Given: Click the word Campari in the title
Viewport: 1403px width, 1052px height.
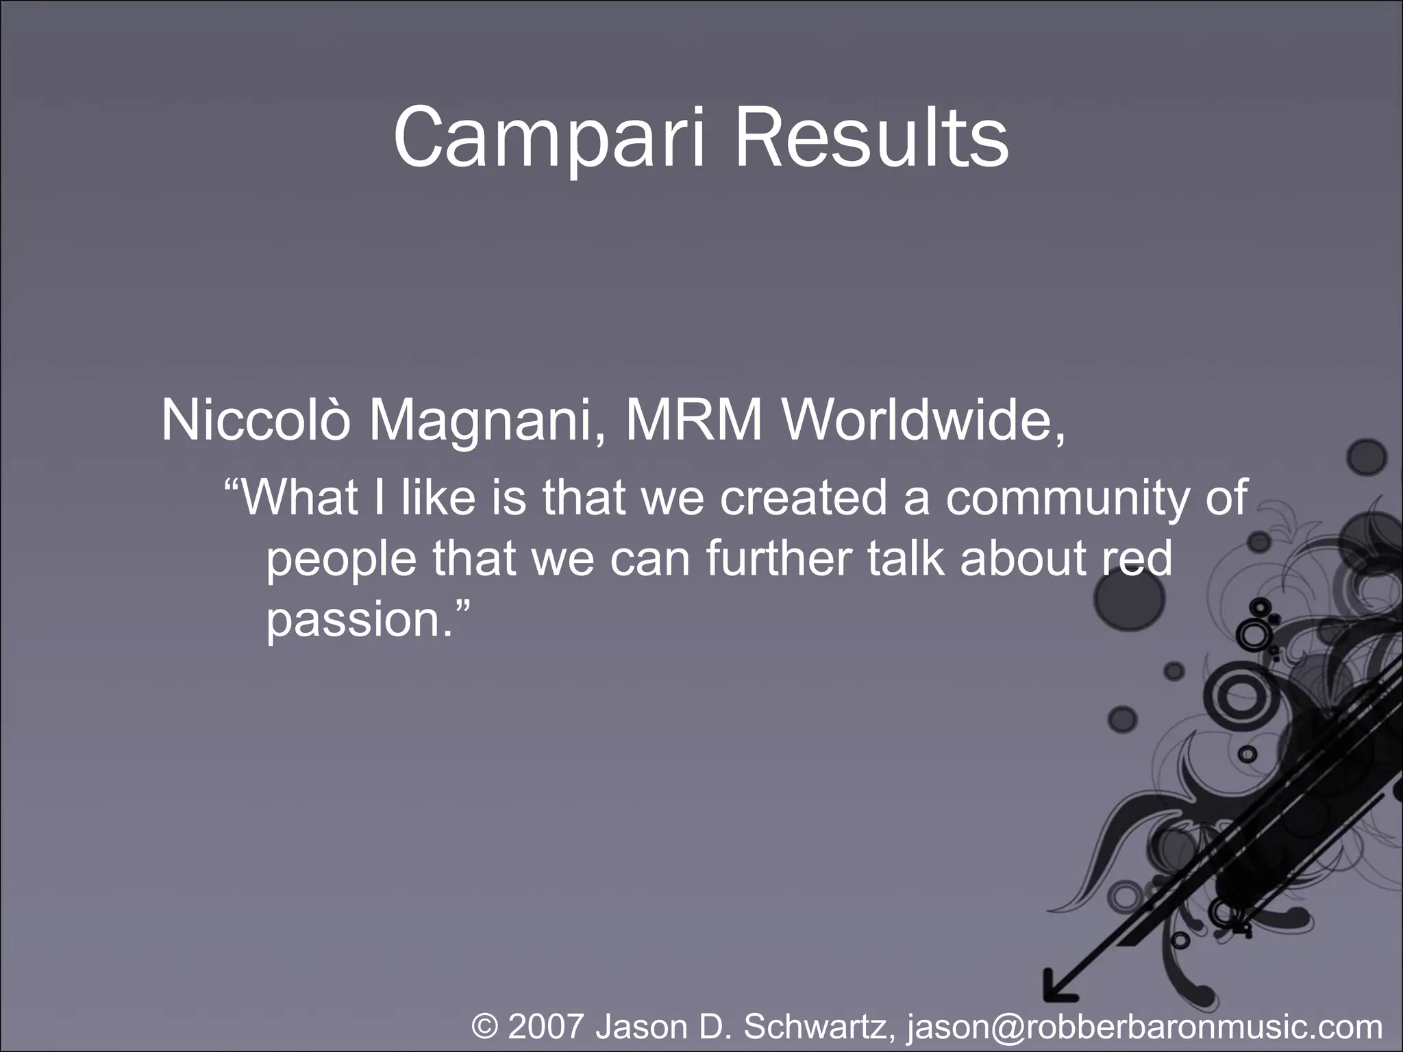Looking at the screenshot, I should pos(548,140).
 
